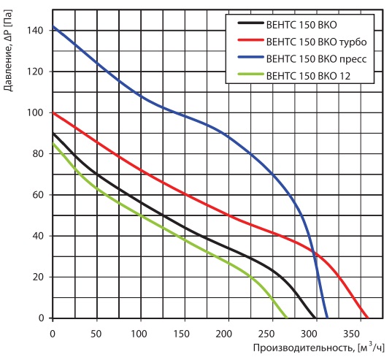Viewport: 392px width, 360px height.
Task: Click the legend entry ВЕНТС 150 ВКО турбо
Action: (316, 42)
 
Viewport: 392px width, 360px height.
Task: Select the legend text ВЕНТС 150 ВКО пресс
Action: (316, 59)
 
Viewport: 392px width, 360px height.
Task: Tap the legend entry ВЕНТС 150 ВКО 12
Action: (308, 76)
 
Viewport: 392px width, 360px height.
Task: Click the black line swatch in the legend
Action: (251, 23)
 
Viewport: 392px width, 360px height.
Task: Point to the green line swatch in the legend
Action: (251, 74)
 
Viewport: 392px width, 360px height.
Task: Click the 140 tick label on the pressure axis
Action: (34, 31)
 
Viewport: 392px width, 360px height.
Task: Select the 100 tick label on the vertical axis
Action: (34, 112)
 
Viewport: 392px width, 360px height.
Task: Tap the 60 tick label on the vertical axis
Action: (37, 195)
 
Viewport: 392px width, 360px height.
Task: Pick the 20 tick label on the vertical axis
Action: (37, 277)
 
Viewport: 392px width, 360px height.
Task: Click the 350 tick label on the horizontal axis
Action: (352, 334)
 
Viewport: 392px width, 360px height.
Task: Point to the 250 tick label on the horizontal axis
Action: (266, 334)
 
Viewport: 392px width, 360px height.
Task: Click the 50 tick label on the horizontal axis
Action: (96, 334)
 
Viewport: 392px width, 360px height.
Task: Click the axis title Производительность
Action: (304, 348)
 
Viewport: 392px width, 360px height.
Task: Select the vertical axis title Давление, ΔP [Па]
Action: (8, 50)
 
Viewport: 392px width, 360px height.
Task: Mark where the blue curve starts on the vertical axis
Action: (53, 26)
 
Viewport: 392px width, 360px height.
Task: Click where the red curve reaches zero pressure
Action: (367, 318)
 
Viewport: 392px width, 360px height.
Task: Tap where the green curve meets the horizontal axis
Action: (287, 318)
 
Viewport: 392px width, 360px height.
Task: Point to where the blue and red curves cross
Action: (314, 253)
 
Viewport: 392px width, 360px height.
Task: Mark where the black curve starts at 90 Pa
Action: (53, 133)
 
